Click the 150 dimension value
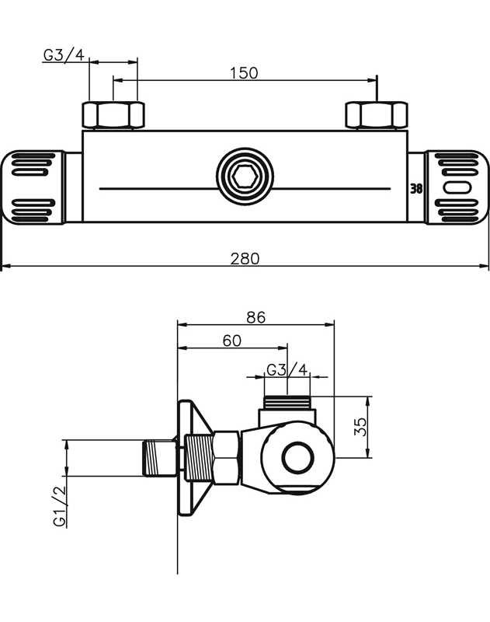(244, 73)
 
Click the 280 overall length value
(245, 259)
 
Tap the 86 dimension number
(255, 317)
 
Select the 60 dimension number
(231, 341)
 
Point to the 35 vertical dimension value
(360, 427)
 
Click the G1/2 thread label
(61, 506)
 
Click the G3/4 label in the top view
(64, 55)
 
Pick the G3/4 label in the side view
(287, 370)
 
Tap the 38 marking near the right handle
(416, 189)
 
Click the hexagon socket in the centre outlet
(245, 176)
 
